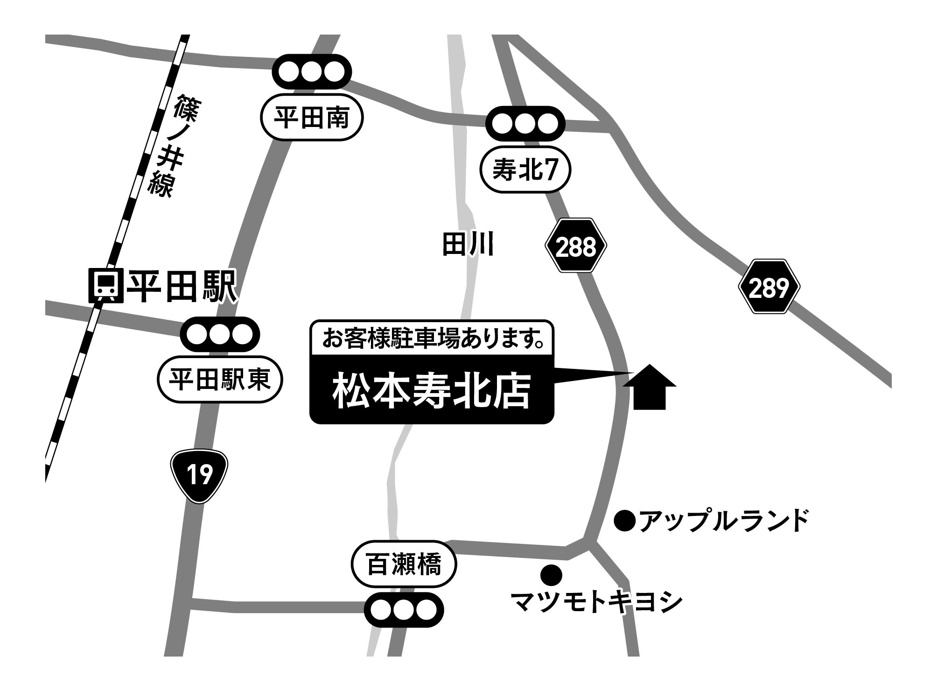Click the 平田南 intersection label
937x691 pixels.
pyautogui.click(x=311, y=119)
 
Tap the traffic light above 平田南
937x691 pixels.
pyautogui.click(x=311, y=72)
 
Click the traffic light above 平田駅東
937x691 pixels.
pyautogui.click(x=220, y=334)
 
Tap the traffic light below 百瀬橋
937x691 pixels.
pyautogui.click(x=404, y=609)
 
